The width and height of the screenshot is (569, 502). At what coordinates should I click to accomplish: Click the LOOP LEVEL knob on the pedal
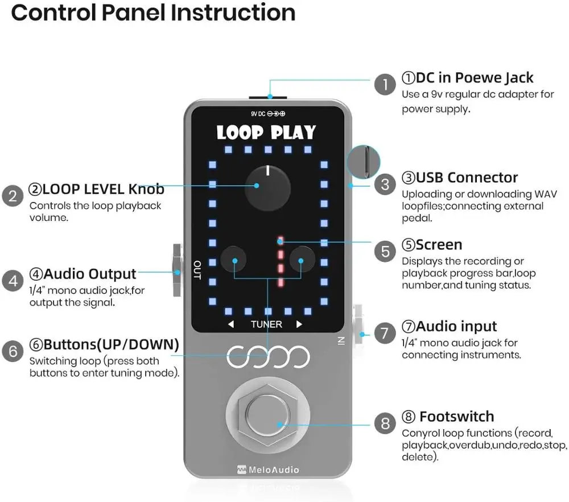tap(267, 187)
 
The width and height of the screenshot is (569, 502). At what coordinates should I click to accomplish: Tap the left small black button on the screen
tap(233, 260)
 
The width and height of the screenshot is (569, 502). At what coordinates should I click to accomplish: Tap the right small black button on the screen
tap(302, 260)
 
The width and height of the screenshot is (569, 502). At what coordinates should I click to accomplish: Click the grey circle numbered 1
tap(385, 85)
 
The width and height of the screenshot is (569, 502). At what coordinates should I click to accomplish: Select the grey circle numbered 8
tap(385, 423)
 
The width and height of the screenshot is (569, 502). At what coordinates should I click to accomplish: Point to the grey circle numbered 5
tap(385, 251)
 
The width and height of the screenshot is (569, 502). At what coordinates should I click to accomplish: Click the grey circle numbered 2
tap(13, 196)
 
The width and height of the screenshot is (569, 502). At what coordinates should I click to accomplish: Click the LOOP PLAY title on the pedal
tap(266, 133)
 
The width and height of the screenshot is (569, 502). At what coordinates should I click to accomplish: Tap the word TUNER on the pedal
tap(266, 324)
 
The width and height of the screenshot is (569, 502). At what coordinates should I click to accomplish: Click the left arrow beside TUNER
tap(231, 324)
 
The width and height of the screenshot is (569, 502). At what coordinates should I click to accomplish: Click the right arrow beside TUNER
tap(299, 324)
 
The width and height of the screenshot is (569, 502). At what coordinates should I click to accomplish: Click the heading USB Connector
tap(460, 178)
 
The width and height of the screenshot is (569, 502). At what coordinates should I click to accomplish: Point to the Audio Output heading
tap(83, 274)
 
